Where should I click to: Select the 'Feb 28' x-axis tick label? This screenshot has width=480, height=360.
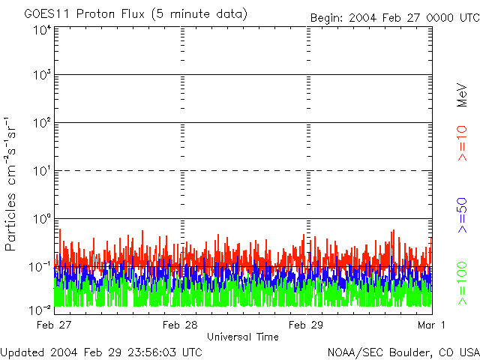pos(181,325)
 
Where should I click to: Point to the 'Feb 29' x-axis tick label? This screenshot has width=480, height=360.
pos(306,325)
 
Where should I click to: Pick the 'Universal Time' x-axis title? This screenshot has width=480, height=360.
pos(242,337)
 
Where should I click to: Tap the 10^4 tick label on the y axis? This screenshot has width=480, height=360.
pos(41,30)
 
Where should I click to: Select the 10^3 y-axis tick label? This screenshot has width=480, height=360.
pos(41,76)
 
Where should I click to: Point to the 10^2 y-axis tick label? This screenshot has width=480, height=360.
pos(41,124)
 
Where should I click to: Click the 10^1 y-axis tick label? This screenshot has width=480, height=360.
pos(41,172)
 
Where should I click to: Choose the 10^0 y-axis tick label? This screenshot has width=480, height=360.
pos(41,219)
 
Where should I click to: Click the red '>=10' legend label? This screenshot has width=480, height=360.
pos(463,142)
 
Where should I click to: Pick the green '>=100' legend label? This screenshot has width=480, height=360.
pos(463,282)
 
